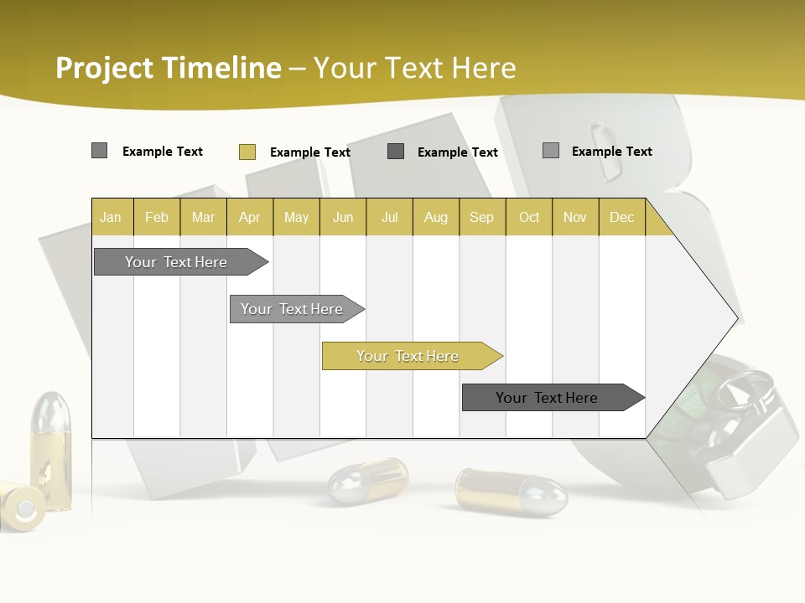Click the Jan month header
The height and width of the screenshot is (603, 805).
point(111,218)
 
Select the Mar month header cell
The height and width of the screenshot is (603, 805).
point(203,218)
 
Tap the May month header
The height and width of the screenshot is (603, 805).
point(296,218)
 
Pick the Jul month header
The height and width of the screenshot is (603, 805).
point(389,218)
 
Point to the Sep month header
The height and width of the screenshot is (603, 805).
point(481,218)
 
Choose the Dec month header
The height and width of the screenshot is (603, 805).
point(621,218)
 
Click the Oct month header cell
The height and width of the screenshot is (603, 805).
point(529,218)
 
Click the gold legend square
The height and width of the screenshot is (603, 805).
point(247,152)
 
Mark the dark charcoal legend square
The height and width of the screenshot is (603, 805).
point(396,152)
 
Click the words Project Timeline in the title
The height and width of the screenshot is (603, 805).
point(169,68)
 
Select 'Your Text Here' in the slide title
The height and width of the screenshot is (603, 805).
point(414,68)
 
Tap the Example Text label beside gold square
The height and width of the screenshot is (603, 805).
point(309,152)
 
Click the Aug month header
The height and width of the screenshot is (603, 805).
point(435,218)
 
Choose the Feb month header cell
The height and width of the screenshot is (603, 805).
point(157,218)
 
